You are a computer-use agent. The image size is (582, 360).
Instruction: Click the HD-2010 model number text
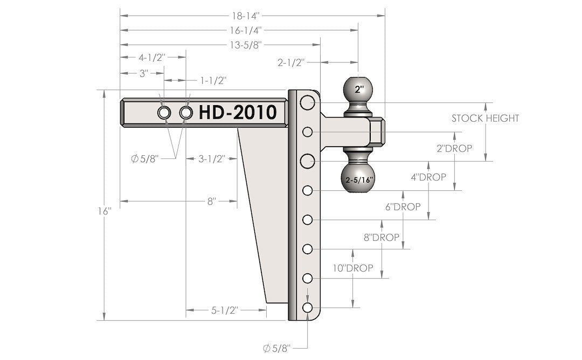[x=238, y=112]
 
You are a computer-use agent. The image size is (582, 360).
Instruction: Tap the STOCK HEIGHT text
[x=485, y=118]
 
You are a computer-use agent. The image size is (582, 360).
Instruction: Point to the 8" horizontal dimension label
[x=211, y=201]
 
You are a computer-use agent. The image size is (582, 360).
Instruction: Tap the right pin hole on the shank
[x=186, y=113]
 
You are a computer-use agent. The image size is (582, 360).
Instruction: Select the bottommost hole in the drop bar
[x=308, y=307]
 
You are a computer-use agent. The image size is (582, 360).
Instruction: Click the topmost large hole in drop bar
[x=308, y=102]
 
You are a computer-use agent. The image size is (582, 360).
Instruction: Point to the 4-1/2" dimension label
[x=151, y=58]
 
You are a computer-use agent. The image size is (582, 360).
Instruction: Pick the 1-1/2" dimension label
[x=213, y=80]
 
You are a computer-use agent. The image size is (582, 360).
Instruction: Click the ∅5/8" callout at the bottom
[x=277, y=348]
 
